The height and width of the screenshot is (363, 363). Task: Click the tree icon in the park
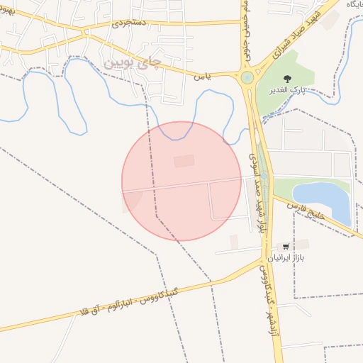287,79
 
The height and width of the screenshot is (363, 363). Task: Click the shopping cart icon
286,247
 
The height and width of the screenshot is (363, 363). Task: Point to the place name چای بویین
133,63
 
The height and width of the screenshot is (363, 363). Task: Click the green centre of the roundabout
247,77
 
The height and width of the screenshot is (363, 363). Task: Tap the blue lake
324,199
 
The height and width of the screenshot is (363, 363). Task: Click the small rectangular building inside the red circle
184,162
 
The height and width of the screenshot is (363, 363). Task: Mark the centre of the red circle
181,181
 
